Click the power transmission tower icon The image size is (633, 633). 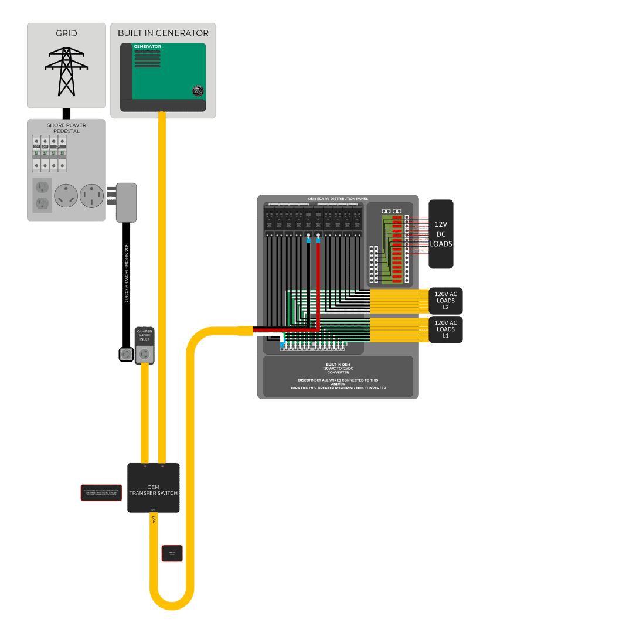[66, 72]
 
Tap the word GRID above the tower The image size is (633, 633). [66, 33]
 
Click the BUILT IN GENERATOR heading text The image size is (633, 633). [163, 33]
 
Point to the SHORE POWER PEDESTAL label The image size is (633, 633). [66, 128]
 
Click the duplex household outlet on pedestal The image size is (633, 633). [42, 195]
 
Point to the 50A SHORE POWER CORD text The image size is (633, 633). [126, 273]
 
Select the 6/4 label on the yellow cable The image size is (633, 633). [154, 520]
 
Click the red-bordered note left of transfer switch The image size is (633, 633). [101, 493]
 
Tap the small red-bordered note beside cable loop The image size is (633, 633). [172, 553]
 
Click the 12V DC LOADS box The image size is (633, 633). [441, 234]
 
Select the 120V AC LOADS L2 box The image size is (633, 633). [445, 301]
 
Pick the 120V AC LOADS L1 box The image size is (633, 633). [445, 329]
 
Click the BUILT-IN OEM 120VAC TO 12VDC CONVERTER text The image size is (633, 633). [338, 368]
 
